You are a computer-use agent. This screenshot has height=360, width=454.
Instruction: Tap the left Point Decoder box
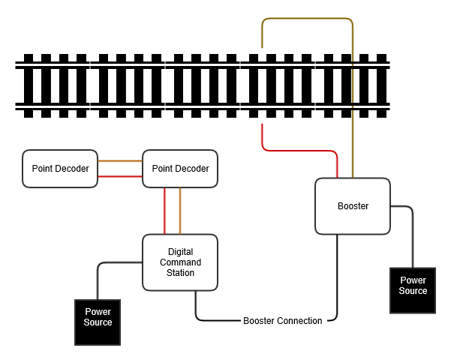tap(60, 169)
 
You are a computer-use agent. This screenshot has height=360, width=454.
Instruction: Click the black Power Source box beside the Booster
tap(413, 290)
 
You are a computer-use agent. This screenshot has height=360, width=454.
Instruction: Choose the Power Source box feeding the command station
tap(98, 322)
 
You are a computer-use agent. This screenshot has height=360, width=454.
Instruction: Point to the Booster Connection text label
tap(283, 321)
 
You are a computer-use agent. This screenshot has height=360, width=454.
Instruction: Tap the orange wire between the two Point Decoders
tap(120, 161)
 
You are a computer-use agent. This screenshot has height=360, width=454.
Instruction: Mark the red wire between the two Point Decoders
tap(120, 176)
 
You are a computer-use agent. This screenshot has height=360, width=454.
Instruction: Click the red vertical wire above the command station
tap(165, 211)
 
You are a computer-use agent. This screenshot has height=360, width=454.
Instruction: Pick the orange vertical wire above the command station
tap(180, 211)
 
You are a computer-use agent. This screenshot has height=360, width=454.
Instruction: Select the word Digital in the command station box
tap(180, 253)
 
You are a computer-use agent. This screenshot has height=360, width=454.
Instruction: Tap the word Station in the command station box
tap(180, 273)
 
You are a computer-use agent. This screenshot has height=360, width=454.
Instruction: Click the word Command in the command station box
tap(180, 263)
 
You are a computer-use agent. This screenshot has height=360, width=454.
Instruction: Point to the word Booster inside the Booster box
tap(353, 206)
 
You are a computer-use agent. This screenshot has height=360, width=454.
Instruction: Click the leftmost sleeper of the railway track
tap(29, 86)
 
